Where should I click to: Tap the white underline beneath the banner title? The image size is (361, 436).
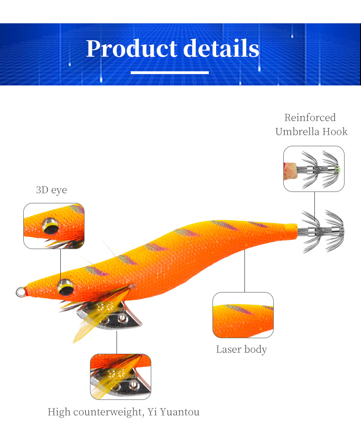(x=170, y=72)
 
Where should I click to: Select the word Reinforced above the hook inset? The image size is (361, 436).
(x=310, y=117)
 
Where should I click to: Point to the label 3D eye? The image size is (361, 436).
(x=51, y=190)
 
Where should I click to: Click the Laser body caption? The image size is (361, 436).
(x=241, y=350)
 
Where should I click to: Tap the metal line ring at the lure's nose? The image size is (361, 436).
(x=21, y=291)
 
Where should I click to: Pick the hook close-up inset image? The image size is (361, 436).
(x=313, y=169)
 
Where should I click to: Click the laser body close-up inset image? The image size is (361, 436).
(x=243, y=315)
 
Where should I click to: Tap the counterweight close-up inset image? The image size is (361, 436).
(x=120, y=377)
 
